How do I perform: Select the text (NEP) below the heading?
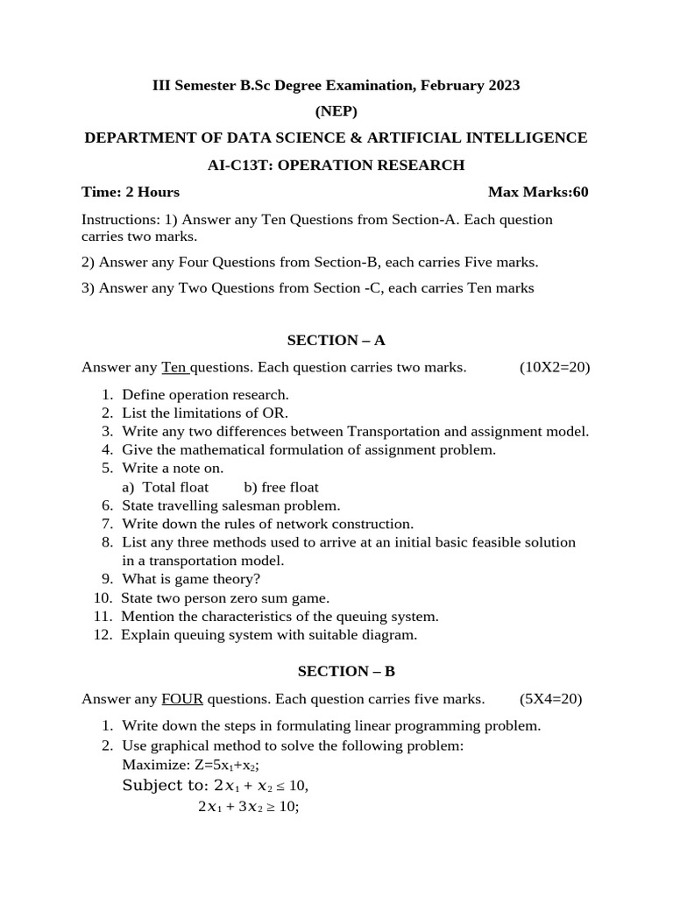pos(336,111)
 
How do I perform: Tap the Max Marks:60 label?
pos(538,192)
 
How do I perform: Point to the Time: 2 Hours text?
pos(131,192)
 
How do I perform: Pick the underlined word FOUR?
pos(182,699)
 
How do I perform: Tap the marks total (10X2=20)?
pos(554,367)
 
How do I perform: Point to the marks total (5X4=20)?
pos(550,699)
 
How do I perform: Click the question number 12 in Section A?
pos(103,634)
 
